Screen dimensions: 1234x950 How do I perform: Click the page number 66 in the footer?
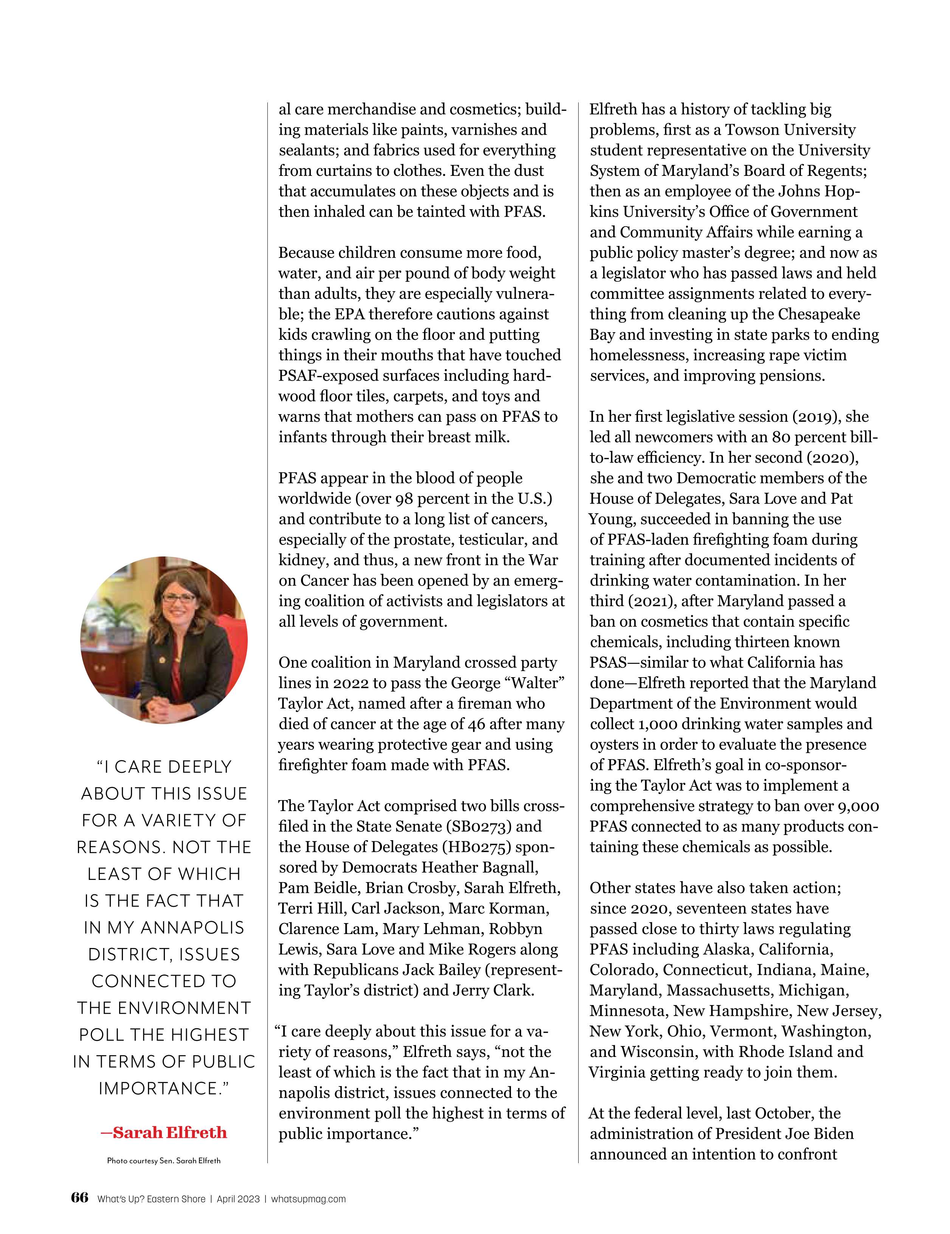(x=80, y=1198)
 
